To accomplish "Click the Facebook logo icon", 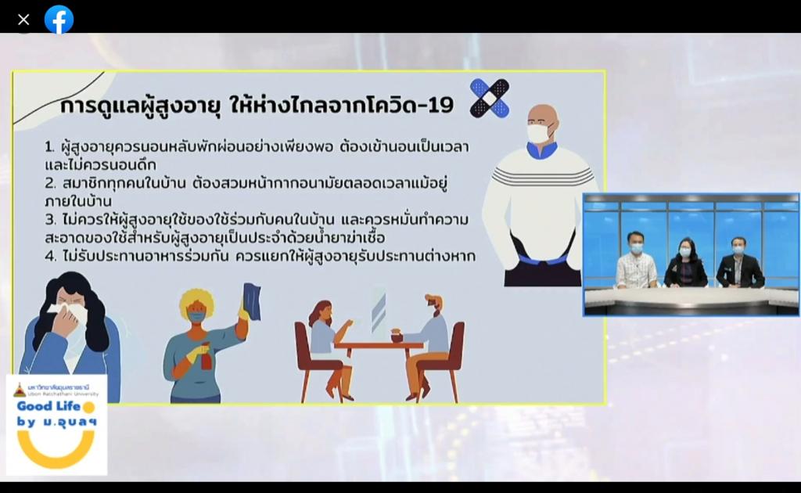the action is [59, 20].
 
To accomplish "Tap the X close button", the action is [23, 20].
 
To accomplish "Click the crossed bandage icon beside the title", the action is [490, 98].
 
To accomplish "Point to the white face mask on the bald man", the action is [540, 133].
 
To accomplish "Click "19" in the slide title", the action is [440, 105].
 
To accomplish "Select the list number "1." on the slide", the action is [49, 147].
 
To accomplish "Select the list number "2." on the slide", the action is [50, 183].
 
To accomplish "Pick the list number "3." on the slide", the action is [50, 220].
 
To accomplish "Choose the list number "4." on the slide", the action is [51, 256].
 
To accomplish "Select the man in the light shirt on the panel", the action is [637, 261].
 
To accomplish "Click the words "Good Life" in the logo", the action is [48, 406].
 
